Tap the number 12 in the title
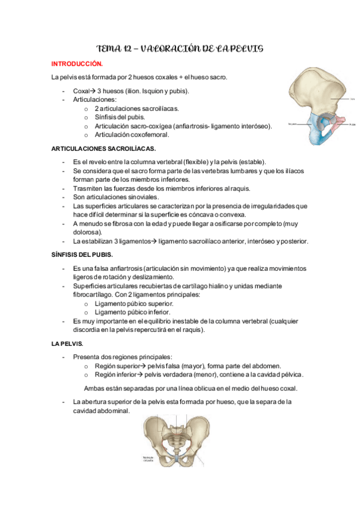[128, 48]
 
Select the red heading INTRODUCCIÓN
[77, 63]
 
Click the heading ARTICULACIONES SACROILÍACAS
[103, 148]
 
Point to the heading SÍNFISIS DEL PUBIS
[86, 254]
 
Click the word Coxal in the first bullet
[81, 91]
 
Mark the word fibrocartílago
[94, 295]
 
